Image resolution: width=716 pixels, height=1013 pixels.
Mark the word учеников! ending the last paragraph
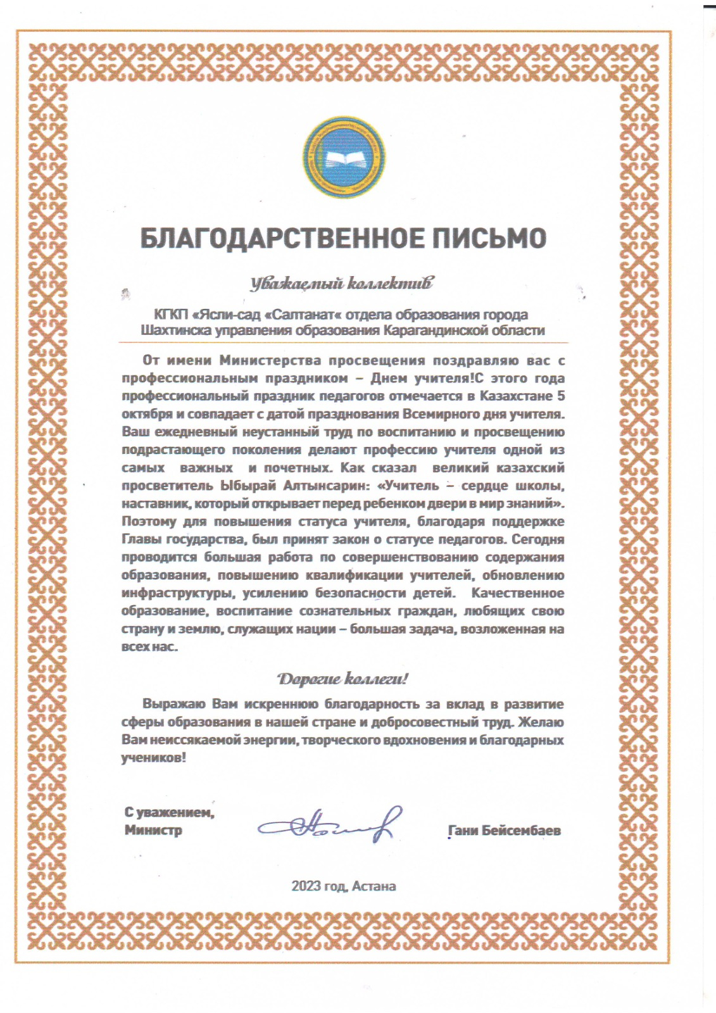coord(154,757)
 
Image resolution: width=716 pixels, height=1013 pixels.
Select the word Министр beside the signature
coord(153,830)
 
